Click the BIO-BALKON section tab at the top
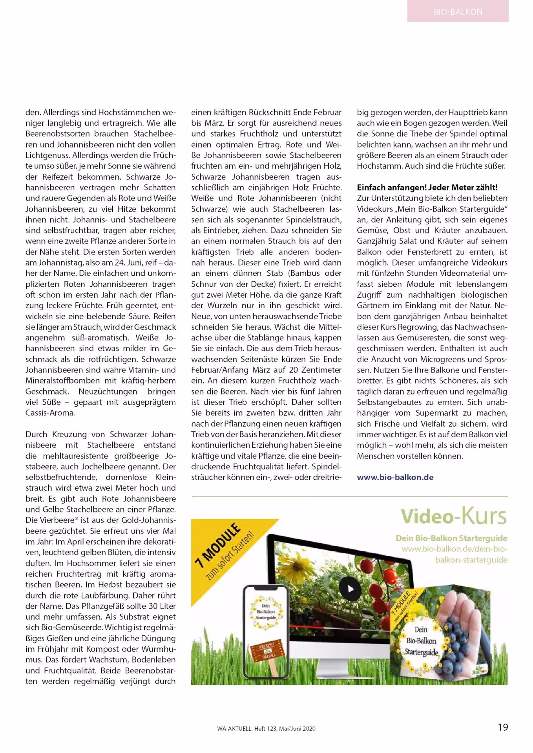click(x=458, y=11)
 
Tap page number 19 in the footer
click(x=502, y=727)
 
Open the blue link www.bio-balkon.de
click(x=395, y=477)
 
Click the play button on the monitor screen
click(x=350, y=589)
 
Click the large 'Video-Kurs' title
click(x=453, y=517)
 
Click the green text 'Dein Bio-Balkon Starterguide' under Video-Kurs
click(x=451, y=538)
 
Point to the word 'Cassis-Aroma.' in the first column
click(x=50, y=413)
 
